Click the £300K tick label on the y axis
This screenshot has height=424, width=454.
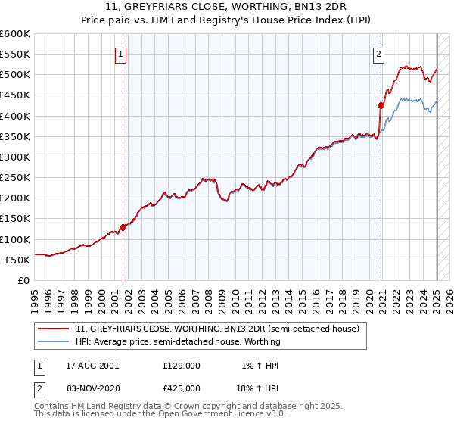point(14,157)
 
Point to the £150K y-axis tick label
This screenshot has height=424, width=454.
point(14,219)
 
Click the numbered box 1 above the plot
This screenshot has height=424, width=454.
point(121,53)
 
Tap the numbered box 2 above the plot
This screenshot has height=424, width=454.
point(378,53)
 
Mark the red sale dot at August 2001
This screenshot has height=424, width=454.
point(123,226)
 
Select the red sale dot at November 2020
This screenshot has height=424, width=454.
point(381,105)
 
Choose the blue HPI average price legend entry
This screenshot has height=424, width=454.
point(178,341)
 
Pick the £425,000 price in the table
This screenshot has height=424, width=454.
point(182,388)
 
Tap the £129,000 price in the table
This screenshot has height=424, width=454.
point(182,366)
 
